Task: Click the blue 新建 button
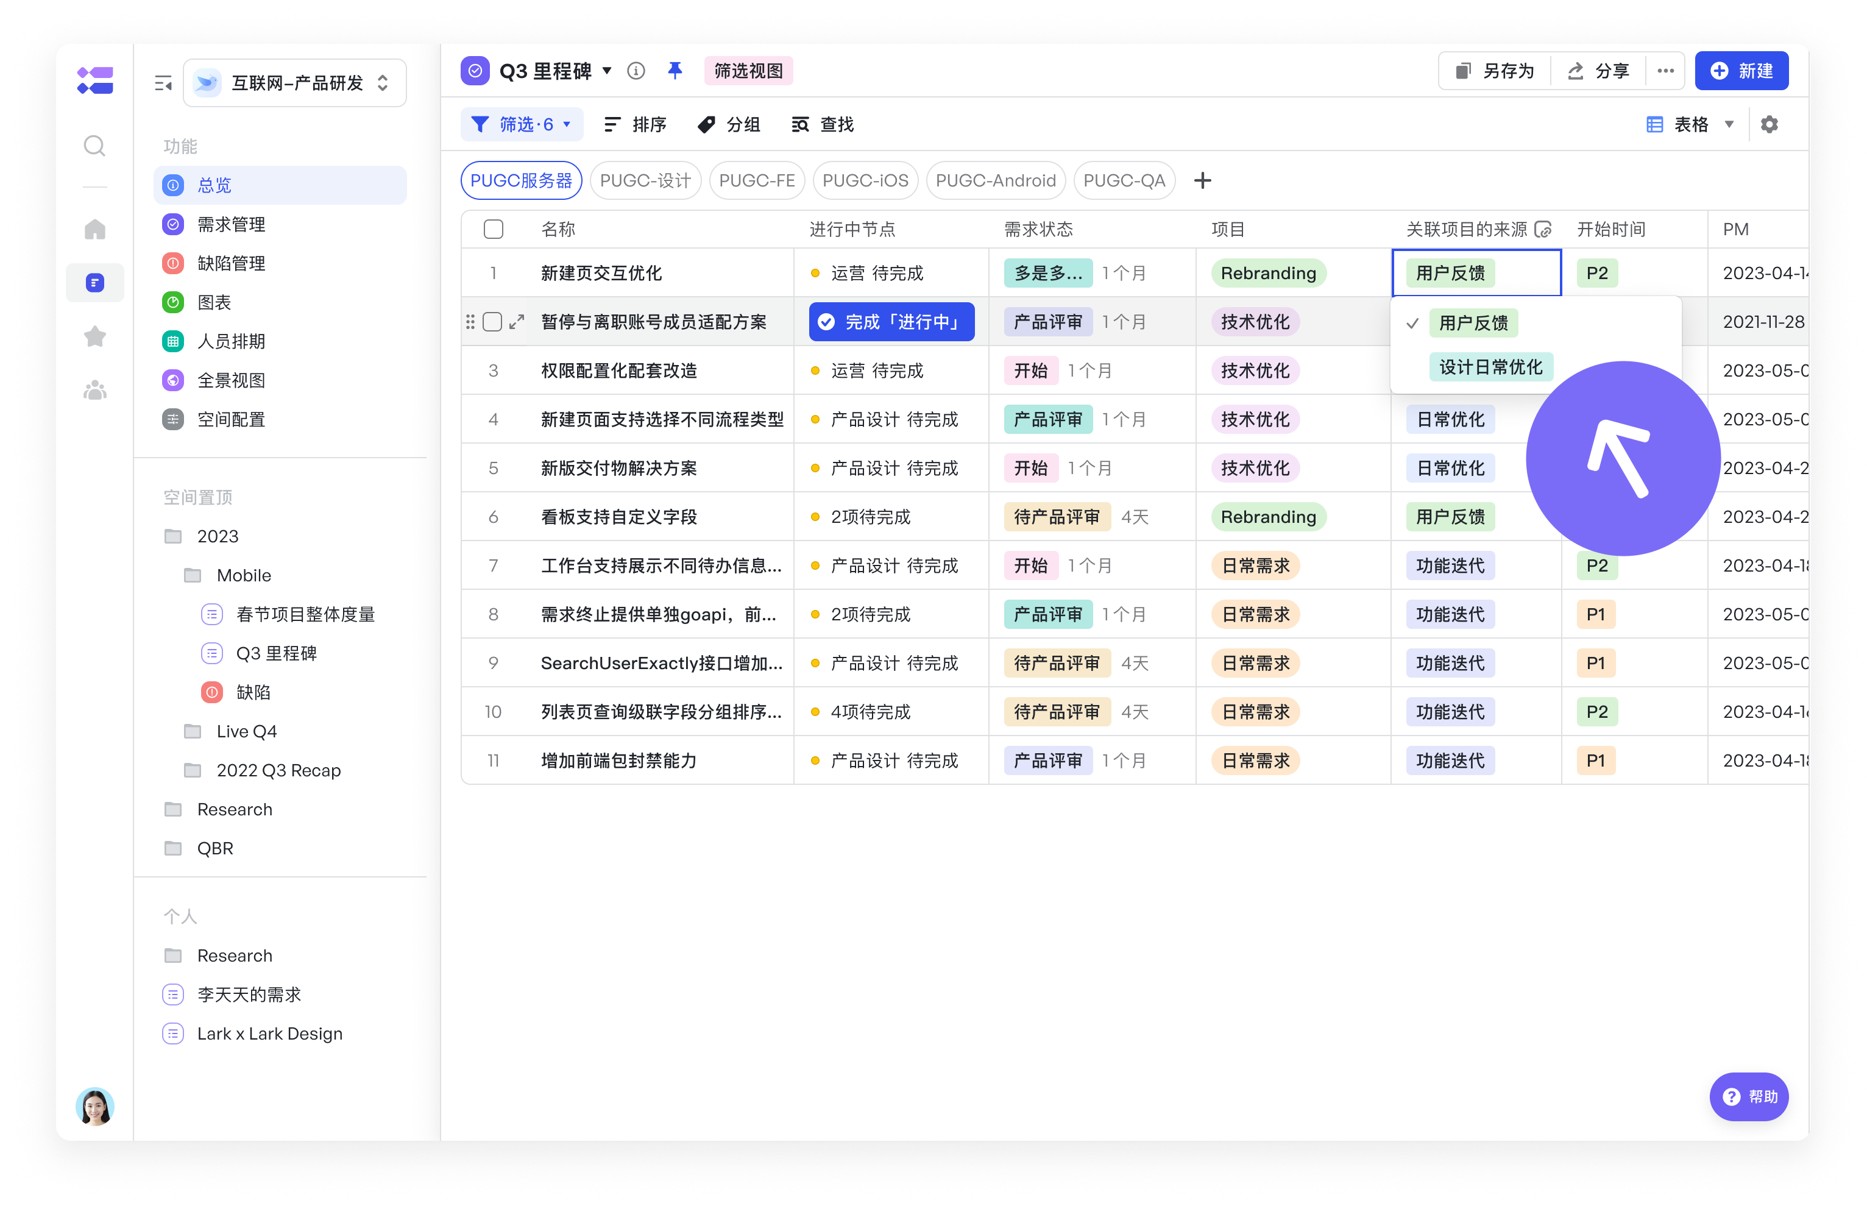[x=1741, y=71]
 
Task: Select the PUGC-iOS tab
[x=865, y=180]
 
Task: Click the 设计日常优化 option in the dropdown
[x=1490, y=367]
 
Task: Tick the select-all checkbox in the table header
[x=494, y=229]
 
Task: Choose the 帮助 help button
[x=1749, y=1096]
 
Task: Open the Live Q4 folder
[x=246, y=731]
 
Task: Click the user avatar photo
[x=95, y=1105]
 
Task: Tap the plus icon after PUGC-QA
[x=1202, y=180]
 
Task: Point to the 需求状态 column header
[x=1038, y=229]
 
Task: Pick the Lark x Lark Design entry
[x=269, y=1033]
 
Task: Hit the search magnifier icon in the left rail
[x=95, y=146]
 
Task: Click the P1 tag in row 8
[x=1596, y=614]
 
